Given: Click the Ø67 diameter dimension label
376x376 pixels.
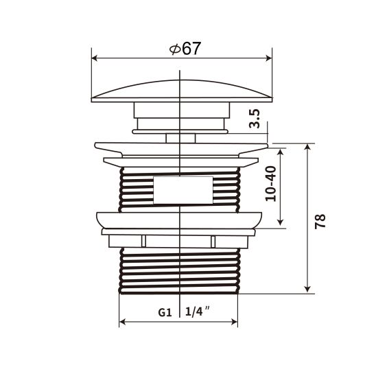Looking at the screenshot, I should (x=183, y=49).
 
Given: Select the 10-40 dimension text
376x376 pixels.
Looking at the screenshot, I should (x=270, y=184).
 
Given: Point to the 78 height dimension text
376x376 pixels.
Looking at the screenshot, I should (x=320, y=221).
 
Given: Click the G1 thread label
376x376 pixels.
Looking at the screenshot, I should (x=164, y=312).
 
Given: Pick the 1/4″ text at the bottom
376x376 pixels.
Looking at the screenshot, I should (x=197, y=312).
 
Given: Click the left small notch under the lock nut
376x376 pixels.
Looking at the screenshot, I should (x=143, y=241).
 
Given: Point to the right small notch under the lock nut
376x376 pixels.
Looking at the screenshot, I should (x=213, y=241).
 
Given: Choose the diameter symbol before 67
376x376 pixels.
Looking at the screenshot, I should (x=174, y=49).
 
